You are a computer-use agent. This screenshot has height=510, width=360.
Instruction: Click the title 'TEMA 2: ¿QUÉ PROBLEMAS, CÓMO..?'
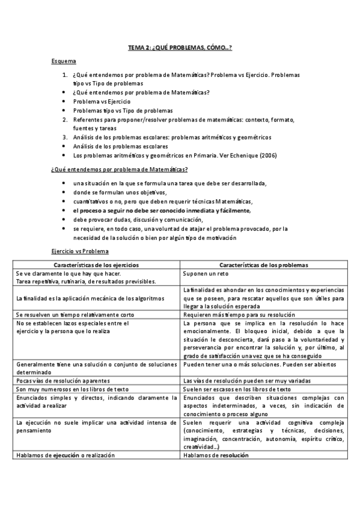click(180, 48)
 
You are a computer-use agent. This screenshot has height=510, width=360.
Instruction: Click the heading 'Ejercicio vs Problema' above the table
click(80, 251)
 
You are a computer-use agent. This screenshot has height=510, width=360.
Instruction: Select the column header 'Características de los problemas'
click(264, 265)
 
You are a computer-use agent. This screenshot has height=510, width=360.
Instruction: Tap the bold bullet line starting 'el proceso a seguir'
click(162, 211)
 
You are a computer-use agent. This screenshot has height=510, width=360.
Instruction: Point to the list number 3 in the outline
click(65, 137)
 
